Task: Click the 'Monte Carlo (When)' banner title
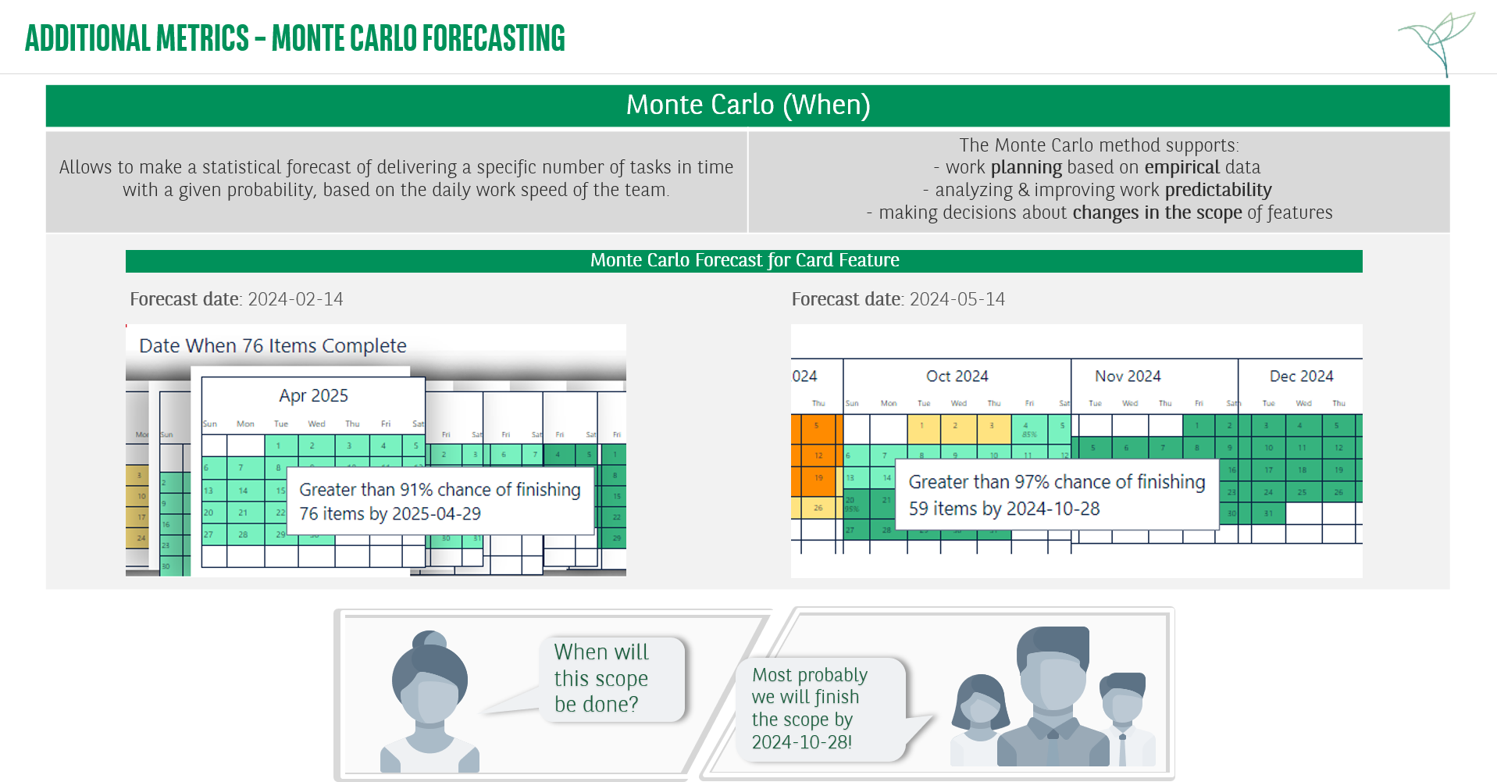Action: pyautogui.click(x=747, y=105)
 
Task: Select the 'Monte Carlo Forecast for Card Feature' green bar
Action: pyautogui.click(x=743, y=260)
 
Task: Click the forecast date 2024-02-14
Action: pyautogui.click(x=295, y=299)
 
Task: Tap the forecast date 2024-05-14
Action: pyautogui.click(x=957, y=299)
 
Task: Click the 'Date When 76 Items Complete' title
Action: pyautogui.click(x=273, y=346)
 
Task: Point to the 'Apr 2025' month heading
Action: pyautogui.click(x=313, y=395)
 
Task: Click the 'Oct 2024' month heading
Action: pyautogui.click(x=957, y=376)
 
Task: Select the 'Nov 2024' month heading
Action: pyautogui.click(x=1127, y=376)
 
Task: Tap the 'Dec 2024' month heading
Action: pyautogui.click(x=1301, y=376)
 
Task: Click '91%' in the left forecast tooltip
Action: pyautogui.click(x=416, y=490)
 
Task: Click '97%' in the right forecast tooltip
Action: pyautogui.click(x=1031, y=482)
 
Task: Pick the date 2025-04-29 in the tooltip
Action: pyautogui.click(x=437, y=514)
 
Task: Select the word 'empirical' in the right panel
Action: pyautogui.click(x=1182, y=167)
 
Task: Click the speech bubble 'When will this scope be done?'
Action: pyautogui.click(x=605, y=677)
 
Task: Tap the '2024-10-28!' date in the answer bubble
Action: pyautogui.click(x=802, y=742)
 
